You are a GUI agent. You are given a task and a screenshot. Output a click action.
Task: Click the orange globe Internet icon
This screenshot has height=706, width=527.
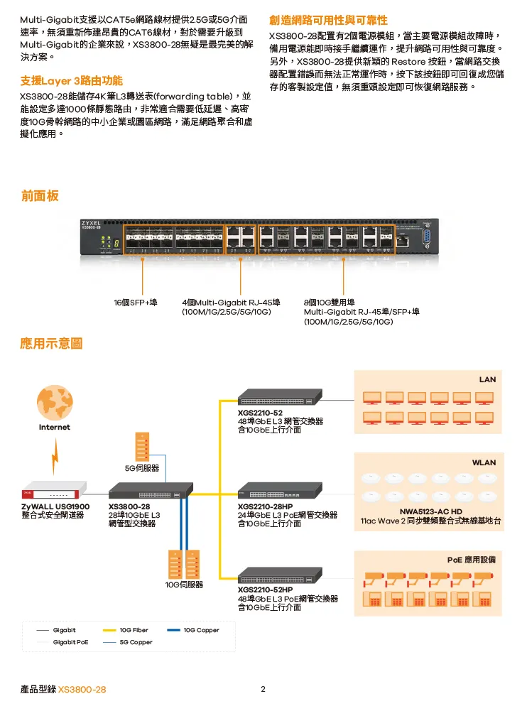(54, 402)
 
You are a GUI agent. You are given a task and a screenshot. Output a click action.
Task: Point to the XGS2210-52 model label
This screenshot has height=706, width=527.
(260, 413)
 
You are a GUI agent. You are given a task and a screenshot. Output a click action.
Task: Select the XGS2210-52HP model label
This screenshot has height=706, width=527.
(266, 590)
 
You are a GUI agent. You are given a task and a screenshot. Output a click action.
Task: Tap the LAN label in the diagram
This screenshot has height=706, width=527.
(487, 379)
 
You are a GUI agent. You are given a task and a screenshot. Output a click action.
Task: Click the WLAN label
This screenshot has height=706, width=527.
(484, 462)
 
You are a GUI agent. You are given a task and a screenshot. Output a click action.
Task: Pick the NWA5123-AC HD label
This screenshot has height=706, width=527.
(430, 511)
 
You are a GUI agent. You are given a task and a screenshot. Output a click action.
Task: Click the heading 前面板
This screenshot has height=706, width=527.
(40, 195)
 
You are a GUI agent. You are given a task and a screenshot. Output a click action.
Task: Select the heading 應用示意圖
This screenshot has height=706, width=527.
(52, 344)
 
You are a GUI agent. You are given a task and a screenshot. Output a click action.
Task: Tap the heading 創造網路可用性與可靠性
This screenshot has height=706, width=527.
(328, 19)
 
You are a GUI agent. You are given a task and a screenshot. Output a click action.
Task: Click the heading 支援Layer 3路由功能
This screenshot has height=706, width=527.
(72, 80)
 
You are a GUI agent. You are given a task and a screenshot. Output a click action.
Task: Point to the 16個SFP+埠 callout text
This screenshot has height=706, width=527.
(136, 303)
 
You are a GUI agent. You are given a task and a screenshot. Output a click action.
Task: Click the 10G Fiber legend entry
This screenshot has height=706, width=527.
(134, 630)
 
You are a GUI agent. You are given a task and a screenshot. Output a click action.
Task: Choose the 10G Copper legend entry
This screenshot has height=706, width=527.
(201, 630)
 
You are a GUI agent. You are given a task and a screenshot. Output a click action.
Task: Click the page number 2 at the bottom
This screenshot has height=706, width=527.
(263, 689)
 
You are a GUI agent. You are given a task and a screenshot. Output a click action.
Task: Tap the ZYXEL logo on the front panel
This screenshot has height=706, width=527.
(91, 222)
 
